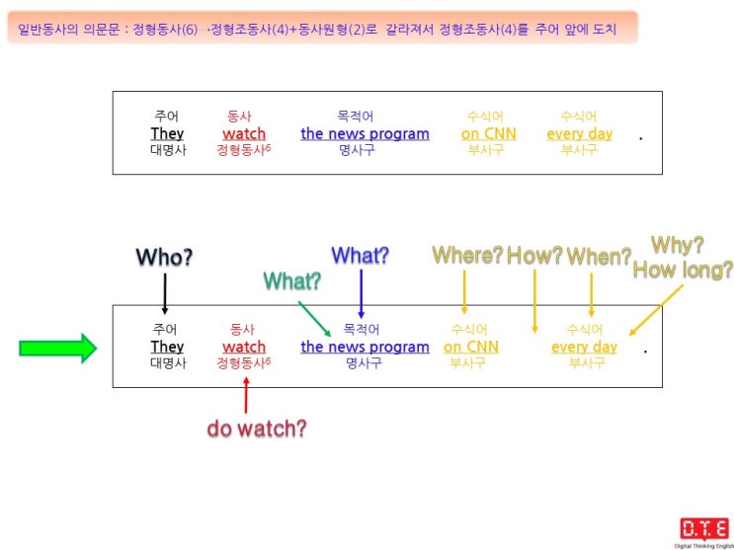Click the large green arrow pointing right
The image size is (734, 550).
coord(57,348)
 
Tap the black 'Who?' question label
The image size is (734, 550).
coord(164,258)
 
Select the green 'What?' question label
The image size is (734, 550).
coord(292,280)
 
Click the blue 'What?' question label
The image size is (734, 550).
coord(361,255)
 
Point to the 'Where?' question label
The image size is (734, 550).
coord(467,255)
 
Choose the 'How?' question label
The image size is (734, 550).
coord(534,255)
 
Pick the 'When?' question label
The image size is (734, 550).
coord(600,256)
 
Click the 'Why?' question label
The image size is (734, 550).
coord(678,245)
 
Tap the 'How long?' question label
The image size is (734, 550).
coord(683,271)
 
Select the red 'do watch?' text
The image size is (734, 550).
coord(257,428)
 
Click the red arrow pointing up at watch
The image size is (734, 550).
coord(246,395)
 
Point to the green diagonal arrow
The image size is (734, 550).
coord(314,319)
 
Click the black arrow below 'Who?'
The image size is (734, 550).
coord(165,293)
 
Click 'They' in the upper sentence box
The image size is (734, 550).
coord(167,134)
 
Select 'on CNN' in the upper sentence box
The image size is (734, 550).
coord(489,134)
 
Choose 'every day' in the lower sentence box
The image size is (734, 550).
coord(584,348)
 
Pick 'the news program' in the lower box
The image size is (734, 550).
coord(366,347)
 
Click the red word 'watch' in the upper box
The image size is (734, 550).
coord(244,134)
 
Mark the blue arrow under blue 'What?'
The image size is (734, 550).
coord(361,294)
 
